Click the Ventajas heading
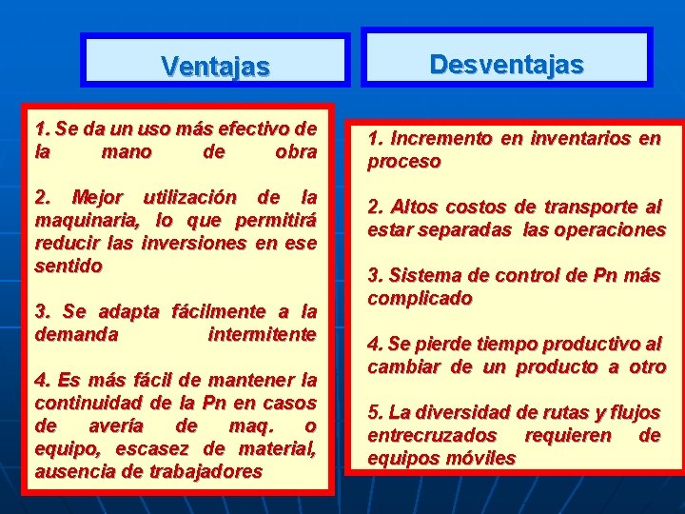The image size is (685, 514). pyautogui.click(x=215, y=67)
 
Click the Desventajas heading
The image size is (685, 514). pyautogui.click(x=506, y=64)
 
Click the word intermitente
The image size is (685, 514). pyautogui.click(x=262, y=335)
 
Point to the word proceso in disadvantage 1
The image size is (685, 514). pyautogui.click(x=404, y=162)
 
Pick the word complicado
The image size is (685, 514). pyautogui.click(x=420, y=299)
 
